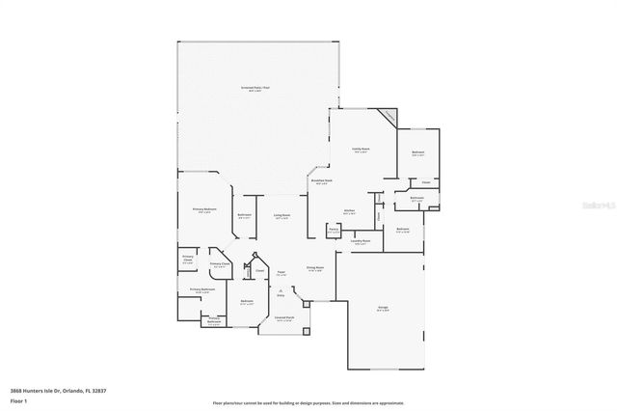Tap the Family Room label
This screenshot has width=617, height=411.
pyautogui.click(x=362, y=151)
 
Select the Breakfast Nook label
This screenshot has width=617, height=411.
pyautogui.click(x=321, y=181)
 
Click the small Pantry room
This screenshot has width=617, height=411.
pyautogui.click(x=333, y=231)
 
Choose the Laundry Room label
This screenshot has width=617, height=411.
pyautogui.click(x=361, y=242)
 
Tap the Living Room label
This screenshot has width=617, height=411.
pyautogui.click(x=282, y=216)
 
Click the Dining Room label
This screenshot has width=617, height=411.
pyautogui.click(x=315, y=269)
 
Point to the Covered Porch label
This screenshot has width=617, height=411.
pyautogui.click(x=283, y=319)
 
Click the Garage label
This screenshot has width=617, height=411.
pyautogui.click(x=383, y=309)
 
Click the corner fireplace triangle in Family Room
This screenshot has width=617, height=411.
pyautogui.click(x=389, y=116)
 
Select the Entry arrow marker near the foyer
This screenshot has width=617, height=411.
pyautogui.click(x=282, y=292)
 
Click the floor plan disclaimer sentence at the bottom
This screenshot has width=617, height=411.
pyautogui.click(x=308, y=402)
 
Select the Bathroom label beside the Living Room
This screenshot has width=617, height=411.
pyautogui.click(x=245, y=216)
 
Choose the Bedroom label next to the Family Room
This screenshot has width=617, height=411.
pyautogui.click(x=418, y=153)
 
